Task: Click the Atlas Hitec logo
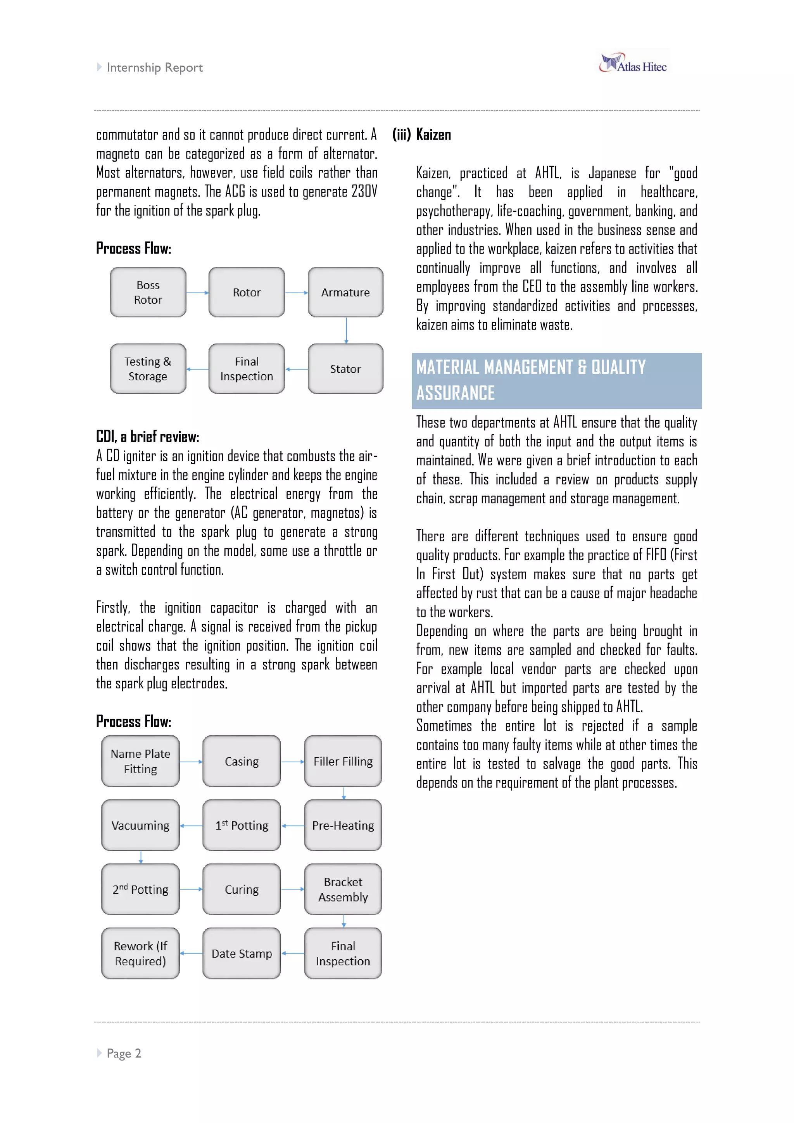(633, 64)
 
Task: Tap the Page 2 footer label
(124, 1053)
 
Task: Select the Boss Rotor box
(148, 292)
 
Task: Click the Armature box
(345, 292)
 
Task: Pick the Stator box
(345, 369)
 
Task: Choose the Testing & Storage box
(148, 369)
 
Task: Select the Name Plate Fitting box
(140, 761)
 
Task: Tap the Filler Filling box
(343, 761)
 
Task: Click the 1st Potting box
(242, 825)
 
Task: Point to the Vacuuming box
(140, 825)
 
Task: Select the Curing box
(242, 889)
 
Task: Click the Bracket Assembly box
(343, 889)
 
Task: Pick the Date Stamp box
(242, 953)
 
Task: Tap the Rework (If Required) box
(140, 953)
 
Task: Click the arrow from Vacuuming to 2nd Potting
(141, 857)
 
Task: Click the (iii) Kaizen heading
(422, 135)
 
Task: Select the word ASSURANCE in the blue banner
(455, 393)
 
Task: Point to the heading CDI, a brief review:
(147, 436)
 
